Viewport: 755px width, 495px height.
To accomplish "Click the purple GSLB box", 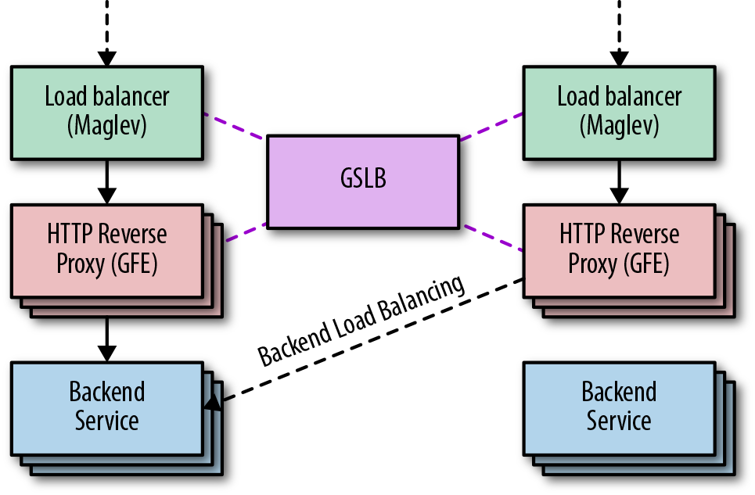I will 363,181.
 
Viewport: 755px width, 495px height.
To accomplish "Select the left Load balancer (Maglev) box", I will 107,112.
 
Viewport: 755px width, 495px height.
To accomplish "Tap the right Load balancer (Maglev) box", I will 619,112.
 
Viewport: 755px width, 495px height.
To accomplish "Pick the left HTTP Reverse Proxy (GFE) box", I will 107,249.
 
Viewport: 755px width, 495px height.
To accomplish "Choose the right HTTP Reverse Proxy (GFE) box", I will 619,249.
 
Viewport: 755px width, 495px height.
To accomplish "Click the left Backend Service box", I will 107,407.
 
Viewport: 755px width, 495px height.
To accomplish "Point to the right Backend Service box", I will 619,407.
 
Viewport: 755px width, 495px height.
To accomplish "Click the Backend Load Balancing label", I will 362,321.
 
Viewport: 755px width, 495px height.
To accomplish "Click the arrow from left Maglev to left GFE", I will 107,181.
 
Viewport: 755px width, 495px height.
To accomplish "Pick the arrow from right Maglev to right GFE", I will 619,181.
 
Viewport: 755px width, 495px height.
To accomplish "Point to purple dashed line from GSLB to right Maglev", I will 491,127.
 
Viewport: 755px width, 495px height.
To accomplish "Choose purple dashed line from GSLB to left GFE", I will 246,232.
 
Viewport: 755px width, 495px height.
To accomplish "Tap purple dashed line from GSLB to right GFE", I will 493,238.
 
